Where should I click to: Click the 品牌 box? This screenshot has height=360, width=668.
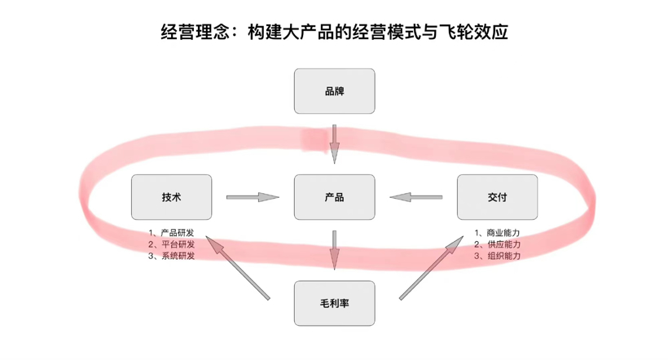tap(334, 91)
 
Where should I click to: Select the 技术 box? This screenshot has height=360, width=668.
tap(171, 197)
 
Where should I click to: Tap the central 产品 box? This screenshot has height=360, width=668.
tap(334, 197)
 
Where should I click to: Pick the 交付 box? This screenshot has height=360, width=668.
tap(497, 197)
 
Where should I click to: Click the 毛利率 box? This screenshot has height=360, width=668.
tap(334, 303)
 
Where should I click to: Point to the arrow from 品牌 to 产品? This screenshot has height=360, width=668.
tap(334, 143)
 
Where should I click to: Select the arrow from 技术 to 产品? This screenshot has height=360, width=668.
tap(253, 197)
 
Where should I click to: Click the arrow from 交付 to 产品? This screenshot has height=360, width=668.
tap(415, 197)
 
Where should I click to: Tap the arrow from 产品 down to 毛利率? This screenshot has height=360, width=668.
tap(334, 249)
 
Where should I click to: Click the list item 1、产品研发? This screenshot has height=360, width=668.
tap(171, 233)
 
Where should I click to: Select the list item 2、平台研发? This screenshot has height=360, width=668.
tap(171, 244)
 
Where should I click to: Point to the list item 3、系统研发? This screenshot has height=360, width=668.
tap(171, 256)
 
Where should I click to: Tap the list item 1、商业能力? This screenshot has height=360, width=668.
tap(497, 233)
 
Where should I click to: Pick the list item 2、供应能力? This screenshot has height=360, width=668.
tap(497, 244)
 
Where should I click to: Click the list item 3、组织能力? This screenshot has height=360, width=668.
tap(497, 256)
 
